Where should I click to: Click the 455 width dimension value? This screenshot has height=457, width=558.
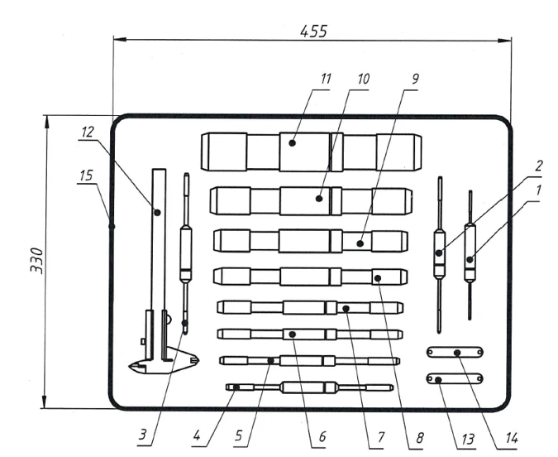point(313,31)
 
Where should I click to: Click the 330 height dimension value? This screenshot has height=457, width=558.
point(36,261)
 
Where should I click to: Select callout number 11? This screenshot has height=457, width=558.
point(326,79)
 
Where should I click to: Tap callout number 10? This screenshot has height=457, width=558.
point(363,79)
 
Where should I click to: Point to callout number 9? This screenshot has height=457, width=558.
point(415,79)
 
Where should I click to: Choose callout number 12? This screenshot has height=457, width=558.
point(87,132)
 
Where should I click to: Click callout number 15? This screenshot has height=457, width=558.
point(86,176)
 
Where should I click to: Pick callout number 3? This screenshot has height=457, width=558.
point(142,435)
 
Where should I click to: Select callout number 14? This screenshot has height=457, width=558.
point(511,438)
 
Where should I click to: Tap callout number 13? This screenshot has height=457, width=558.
point(468,439)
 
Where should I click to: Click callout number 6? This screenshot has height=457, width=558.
point(322,436)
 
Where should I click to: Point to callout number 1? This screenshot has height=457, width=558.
point(538,190)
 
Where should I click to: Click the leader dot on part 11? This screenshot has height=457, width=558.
point(292,143)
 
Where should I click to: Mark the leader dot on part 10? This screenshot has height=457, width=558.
point(319,198)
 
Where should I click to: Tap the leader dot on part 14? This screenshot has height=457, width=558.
point(457,353)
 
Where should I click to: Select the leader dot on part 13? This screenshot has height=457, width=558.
point(438,380)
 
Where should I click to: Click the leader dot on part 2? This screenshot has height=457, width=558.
point(439,253)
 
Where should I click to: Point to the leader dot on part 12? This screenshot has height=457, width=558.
point(157,213)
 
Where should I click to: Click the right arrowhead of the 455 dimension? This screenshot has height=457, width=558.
point(504,41)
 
